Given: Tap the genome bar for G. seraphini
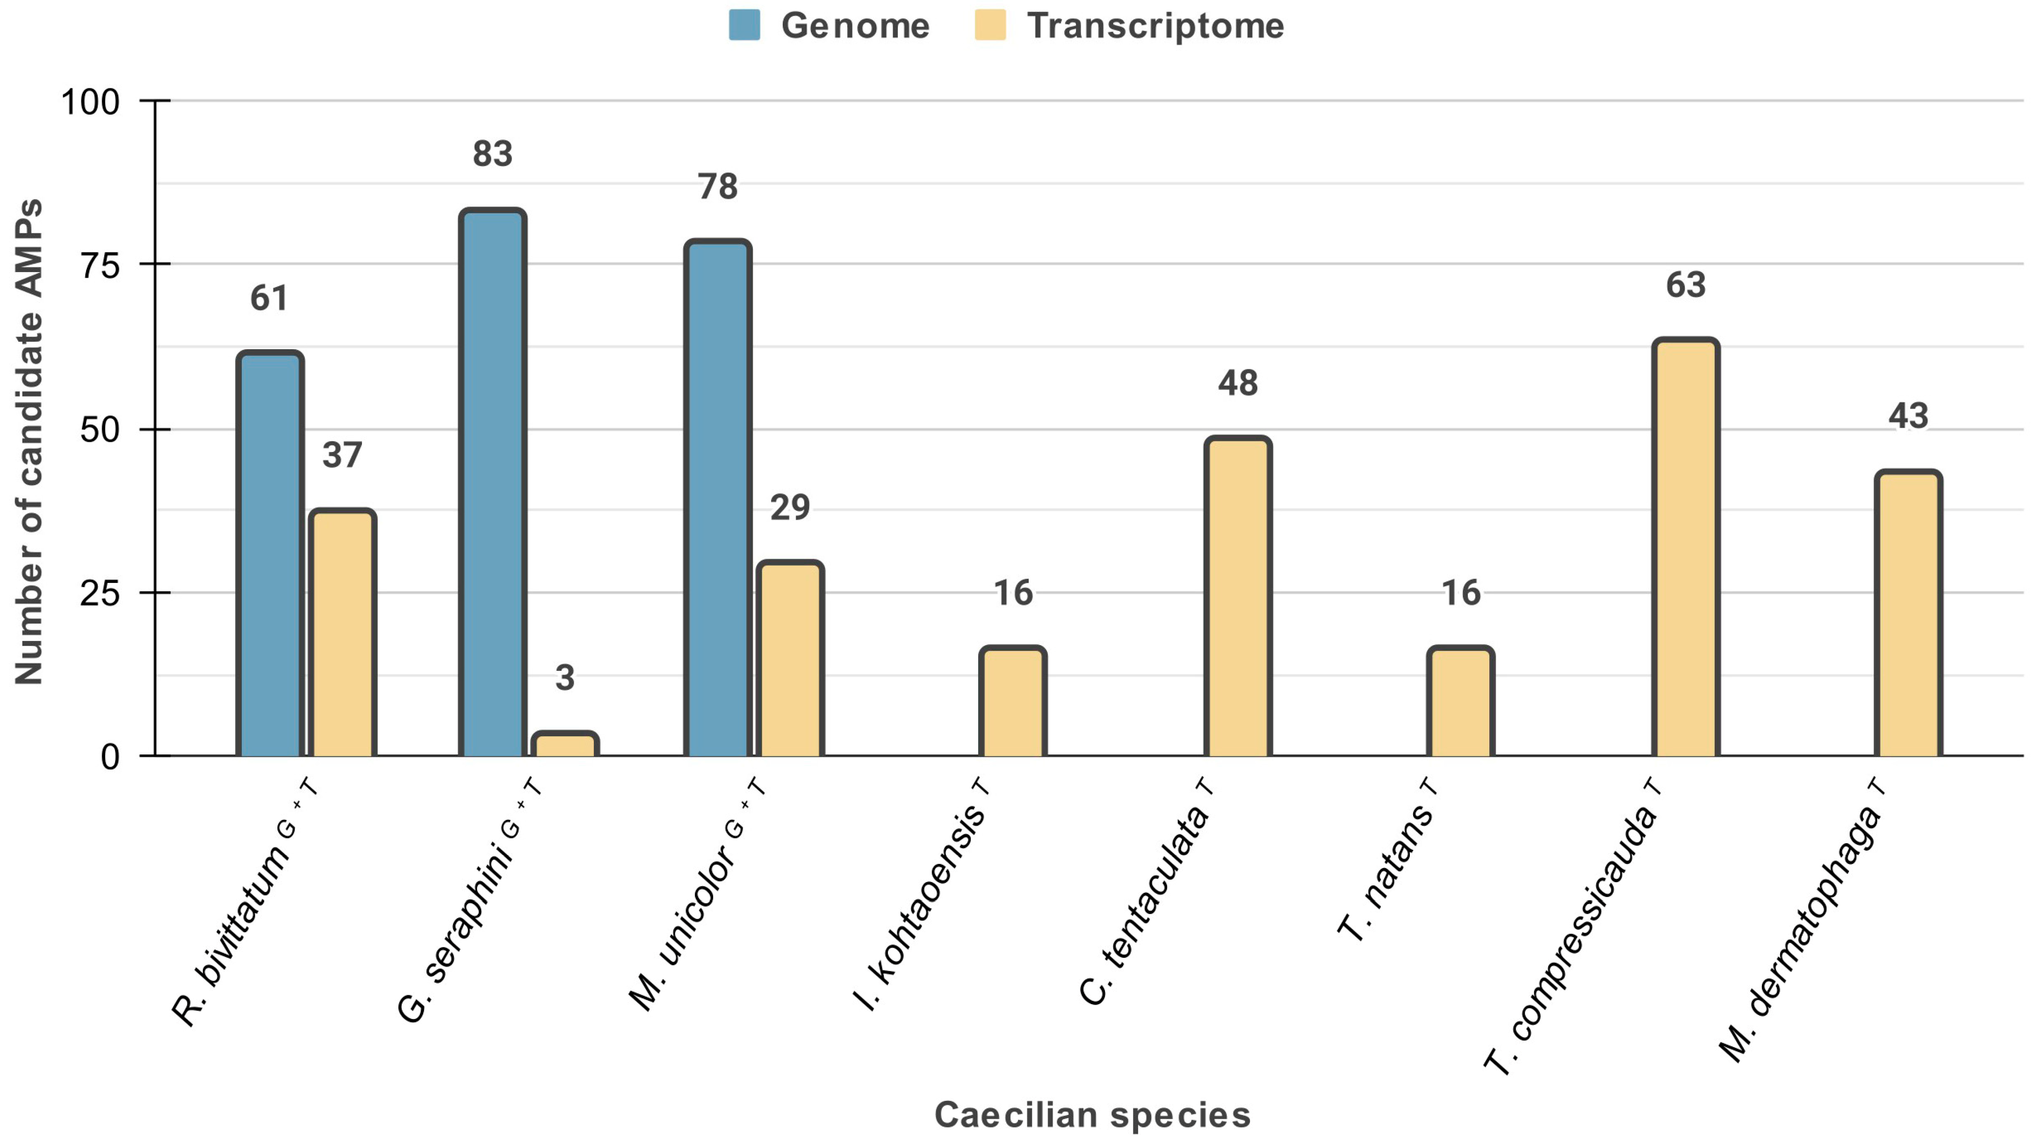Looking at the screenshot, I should tap(492, 483).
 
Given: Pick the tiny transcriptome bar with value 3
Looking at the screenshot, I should tap(564, 745).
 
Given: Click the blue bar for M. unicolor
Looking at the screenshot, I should tap(717, 499).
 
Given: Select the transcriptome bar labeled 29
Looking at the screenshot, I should tap(790, 660).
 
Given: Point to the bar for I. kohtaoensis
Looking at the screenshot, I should tap(1013, 701).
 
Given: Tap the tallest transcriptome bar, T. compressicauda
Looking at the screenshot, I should tap(1685, 548).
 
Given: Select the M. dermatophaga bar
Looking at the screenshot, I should tap(1908, 614).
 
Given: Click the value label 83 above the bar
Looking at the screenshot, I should tap(492, 154).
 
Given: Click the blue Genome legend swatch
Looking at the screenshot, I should tap(744, 25).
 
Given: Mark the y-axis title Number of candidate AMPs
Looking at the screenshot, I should tap(29, 442).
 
